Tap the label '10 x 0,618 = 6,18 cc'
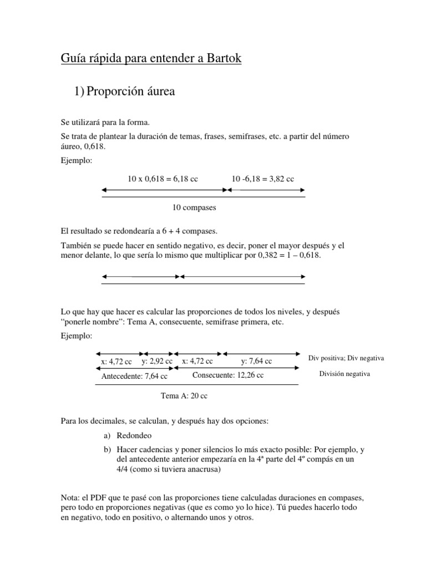[163, 179]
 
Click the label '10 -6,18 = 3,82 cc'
[263, 179]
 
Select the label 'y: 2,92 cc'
[157, 361]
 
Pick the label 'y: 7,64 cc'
[256, 361]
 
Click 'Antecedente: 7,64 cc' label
[134, 376]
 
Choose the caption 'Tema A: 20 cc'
[184, 396]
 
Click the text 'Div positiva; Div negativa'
[346, 358]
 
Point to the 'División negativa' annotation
[344, 374]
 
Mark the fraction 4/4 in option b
[123, 470]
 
